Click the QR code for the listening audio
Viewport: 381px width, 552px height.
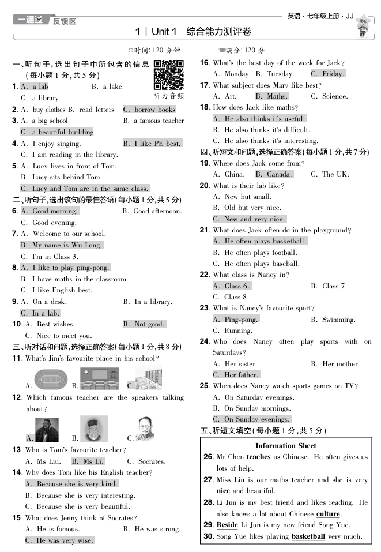(x=169, y=75)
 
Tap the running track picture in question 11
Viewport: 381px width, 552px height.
(x=50, y=379)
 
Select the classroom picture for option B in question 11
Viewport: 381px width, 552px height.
(x=99, y=378)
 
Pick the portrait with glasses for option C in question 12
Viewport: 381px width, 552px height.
(x=144, y=429)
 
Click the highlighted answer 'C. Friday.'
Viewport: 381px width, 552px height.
(x=327, y=74)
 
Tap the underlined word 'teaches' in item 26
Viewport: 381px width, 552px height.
(x=258, y=457)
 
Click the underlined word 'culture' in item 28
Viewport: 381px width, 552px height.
(x=328, y=514)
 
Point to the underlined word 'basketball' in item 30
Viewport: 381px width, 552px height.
(x=308, y=536)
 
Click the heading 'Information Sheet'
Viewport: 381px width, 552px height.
(x=285, y=445)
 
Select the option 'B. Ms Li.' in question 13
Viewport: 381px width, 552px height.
(x=88, y=461)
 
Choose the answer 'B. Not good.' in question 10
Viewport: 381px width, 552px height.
(x=144, y=324)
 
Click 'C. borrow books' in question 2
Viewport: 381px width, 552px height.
(x=149, y=110)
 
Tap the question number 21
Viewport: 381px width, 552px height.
(x=204, y=230)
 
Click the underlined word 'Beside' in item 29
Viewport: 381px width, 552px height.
(x=227, y=525)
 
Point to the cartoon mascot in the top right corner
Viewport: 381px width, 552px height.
(x=363, y=27)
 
